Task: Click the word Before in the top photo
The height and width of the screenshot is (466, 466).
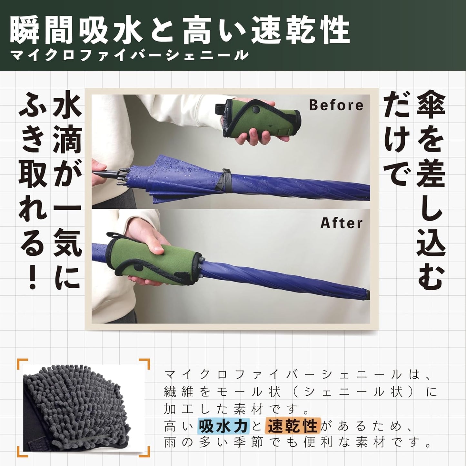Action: click(x=336, y=105)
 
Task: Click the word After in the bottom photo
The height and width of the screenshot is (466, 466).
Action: click(x=342, y=223)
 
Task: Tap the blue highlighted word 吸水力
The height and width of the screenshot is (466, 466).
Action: click(x=223, y=426)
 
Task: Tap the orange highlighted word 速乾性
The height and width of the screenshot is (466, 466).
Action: click(x=293, y=426)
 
